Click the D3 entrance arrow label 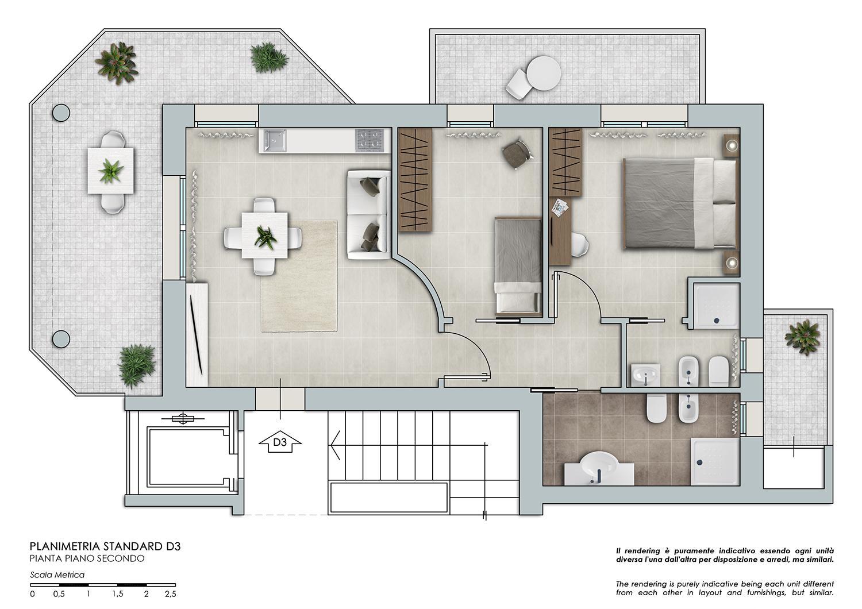point(280,442)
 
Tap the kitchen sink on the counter point(275,140)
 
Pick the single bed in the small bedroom point(518,266)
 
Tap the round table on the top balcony point(544,73)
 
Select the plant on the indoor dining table point(265,237)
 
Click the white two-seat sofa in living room point(369,215)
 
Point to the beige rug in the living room point(299,276)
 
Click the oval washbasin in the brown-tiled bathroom point(599,465)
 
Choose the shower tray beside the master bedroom point(716,306)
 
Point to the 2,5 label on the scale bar point(171,595)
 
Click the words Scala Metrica point(57,575)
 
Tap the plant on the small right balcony point(802,338)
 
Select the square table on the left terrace point(111,171)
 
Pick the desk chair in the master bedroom point(579,244)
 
